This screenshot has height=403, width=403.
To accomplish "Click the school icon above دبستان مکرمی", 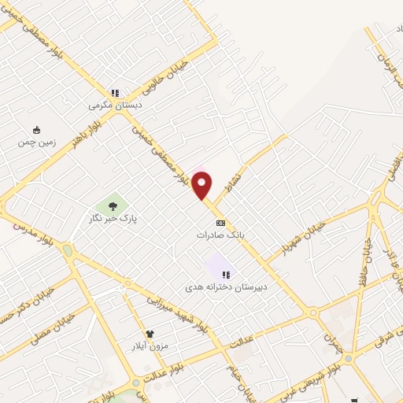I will [115, 92].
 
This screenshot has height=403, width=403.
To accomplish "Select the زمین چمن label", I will [35, 142].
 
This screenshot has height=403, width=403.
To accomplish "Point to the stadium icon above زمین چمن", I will [36, 130].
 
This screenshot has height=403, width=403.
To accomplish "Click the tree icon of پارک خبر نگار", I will [113, 206].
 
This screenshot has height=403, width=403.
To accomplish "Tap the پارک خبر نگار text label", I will [113, 220].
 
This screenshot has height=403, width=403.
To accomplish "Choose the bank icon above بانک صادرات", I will [220, 222].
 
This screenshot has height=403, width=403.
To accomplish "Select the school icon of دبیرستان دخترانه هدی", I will [226, 275].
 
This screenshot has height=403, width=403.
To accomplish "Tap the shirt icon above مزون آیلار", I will [150, 334].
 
